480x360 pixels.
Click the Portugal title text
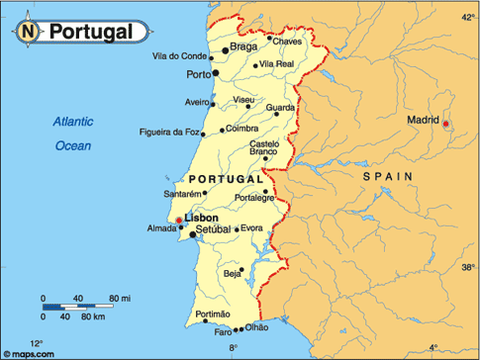pos(91,32)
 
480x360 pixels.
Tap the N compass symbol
pos(30,32)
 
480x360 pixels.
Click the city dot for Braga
pos(226,48)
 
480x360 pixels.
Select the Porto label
pos(198,74)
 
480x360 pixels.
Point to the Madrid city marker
pos(445,124)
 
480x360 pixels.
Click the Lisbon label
pos(201,218)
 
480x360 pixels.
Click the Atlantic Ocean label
pos(72,134)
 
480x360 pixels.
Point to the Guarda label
pos(281,107)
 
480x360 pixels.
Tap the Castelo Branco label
pos(263,147)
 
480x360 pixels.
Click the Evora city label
pos(251,228)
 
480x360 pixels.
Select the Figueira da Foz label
pos(171,132)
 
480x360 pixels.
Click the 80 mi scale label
pos(120,298)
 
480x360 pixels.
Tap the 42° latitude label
pos(468,17)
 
